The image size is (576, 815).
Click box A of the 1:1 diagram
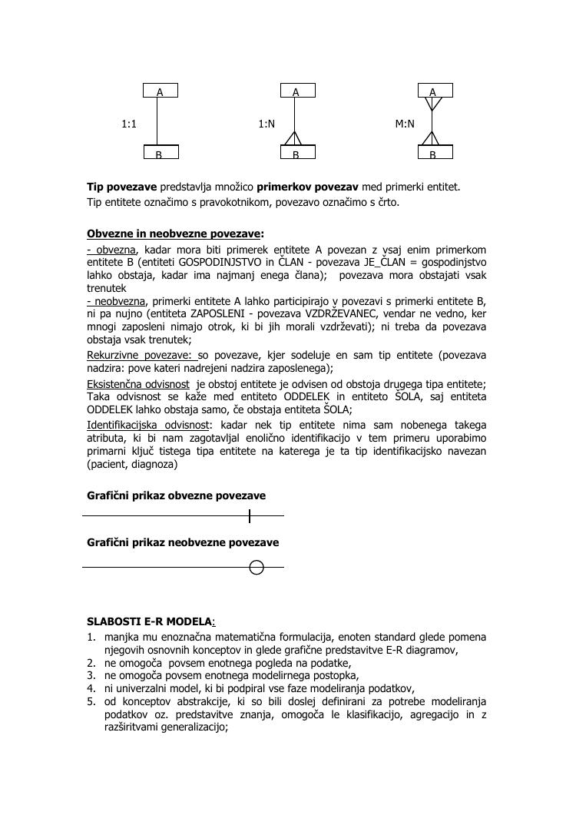click(x=160, y=91)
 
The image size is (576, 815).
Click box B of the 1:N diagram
click(x=296, y=152)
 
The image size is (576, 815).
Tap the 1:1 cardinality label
click(x=129, y=123)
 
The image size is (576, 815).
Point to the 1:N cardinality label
click(x=266, y=123)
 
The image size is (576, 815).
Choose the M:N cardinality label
click(x=405, y=123)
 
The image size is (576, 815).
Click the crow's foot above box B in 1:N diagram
click(x=296, y=138)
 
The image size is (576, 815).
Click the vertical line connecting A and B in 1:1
click(x=158, y=121)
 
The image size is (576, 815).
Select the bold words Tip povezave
click(x=121, y=187)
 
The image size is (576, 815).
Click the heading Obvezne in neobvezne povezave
click(x=174, y=234)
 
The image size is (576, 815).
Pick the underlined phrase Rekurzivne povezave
click(x=141, y=355)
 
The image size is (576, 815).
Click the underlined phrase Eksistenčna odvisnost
click(x=138, y=384)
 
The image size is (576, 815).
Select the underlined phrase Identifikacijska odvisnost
click(x=147, y=425)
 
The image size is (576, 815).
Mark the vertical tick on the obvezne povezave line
click(x=250, y=515)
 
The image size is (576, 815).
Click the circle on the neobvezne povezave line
click(x=257, y=568)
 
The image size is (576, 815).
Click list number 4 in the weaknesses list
click(x=91, y=688)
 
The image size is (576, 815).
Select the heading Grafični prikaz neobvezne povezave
click(x=183, y=542)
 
